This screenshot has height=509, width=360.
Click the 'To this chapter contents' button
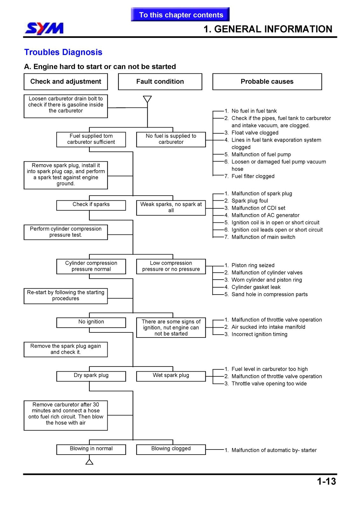click(x=180, y=15)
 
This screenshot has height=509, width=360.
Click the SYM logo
click(x=44, y=29)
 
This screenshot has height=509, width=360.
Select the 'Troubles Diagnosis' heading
click(x=63, y=52)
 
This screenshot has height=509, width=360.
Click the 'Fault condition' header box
click(x=160, y=81)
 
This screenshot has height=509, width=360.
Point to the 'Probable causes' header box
click(x=267, y=81)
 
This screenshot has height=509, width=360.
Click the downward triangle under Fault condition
click(x=147, y=99)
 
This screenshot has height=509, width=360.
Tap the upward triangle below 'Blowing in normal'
click(x=89, y=462)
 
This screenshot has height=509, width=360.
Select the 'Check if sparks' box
click(x=91, y=205)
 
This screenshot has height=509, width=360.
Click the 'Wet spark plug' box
click(x=171, y=376)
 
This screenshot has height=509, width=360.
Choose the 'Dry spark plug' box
click(x=91, y=376)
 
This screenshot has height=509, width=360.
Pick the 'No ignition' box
click(x=91, y=323)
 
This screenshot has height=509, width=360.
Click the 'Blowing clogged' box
click(x=171, y=450)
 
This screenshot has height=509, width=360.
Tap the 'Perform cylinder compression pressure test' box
click(x=66, y=232)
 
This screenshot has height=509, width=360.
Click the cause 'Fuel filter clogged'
click(x=253, y=176)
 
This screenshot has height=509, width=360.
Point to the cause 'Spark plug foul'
click(x=250, y=201)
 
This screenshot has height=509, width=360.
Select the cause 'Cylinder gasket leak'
click(x=256, y=287)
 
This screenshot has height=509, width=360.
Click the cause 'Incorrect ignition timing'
click(x=259, y=334)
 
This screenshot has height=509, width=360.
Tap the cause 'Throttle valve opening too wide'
click(x=269, y=383)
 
